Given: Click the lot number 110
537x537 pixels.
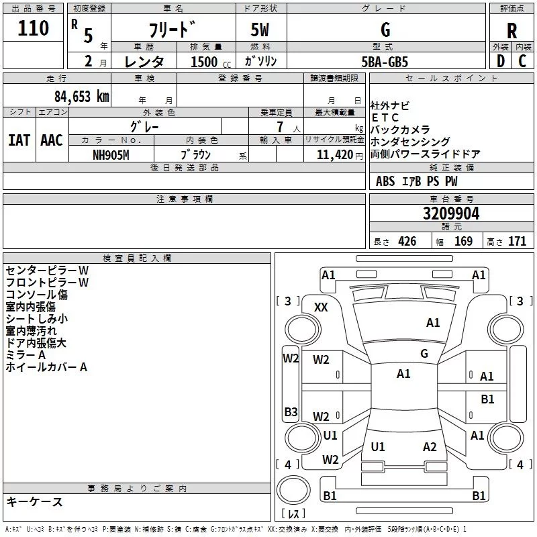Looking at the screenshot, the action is click(x=33, y=28).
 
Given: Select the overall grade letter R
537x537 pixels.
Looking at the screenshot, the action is click(x=511, y=31).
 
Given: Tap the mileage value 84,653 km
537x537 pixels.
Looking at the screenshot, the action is click(x=82, y=97).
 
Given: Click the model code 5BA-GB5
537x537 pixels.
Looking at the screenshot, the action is click(x=385, y=62).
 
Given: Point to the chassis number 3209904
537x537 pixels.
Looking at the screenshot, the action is click(x=451, y=213).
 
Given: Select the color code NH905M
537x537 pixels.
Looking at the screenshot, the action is click(x=111, y=155).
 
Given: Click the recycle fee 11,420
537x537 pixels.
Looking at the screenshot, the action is click(x=334, y=155).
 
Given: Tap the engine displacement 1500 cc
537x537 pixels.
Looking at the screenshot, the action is click(x=211, y=62).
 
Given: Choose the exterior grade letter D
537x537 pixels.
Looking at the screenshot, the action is click(x=501, y=61).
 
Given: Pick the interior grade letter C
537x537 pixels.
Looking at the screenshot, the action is click(x=522, y=61).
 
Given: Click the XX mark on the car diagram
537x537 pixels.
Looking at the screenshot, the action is click(x=321, y=307).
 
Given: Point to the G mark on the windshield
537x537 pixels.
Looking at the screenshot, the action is click(x=424, y=353).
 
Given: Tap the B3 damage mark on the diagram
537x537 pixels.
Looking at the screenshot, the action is click(x=291, y=411).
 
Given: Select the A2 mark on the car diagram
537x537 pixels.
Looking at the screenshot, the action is click(x=430, y=447).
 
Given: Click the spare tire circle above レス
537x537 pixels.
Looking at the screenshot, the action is click(x=293, y=490).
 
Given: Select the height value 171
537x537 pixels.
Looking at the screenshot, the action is click(x=517, y=242).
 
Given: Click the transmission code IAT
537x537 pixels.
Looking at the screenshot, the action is click(x=19, y=140).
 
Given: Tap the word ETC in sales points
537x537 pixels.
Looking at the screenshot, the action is click(x=385, y=117).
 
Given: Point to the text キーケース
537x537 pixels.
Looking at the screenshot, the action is click(x=34, y=501).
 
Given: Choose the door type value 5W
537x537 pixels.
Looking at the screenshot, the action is click(x=260, y=30).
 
